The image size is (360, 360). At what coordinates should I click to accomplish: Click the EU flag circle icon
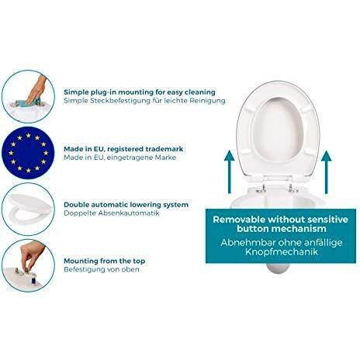pyautogui.click(x=28, y=153)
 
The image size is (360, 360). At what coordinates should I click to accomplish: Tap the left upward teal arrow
pyautogui.click(x=229, y=172)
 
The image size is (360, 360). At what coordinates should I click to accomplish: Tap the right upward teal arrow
pyautogui.click(x=326, y=172)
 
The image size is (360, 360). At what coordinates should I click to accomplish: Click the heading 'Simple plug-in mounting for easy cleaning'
pyautogui.click(x=140, y=92)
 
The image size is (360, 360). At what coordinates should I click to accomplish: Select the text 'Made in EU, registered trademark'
pyautogui.click(x=123, y=149)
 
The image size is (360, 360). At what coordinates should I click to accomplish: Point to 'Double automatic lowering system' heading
pyautogui.click(x=126, y=205)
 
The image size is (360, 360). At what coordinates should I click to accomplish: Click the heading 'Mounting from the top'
pyautogui.click(x=105, y=261)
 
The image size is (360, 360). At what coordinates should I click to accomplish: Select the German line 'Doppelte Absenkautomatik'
pyautogui.click(x=112, y=213)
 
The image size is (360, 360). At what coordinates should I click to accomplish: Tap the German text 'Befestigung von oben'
pyautogui.click(x=102, y=269)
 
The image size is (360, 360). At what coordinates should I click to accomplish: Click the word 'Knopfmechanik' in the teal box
pyautogui.click(x=282, y=251)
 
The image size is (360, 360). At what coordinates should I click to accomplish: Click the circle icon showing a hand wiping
pyautogui.click(x=28, y=96)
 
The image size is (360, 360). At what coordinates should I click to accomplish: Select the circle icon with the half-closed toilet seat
pyautogui.click(x=28, y=209)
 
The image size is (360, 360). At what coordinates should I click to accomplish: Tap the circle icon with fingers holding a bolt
pyautogui.click(x=28, y=265)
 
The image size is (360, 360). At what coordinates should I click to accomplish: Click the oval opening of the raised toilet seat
pyautogui.click(x=278, y=130)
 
